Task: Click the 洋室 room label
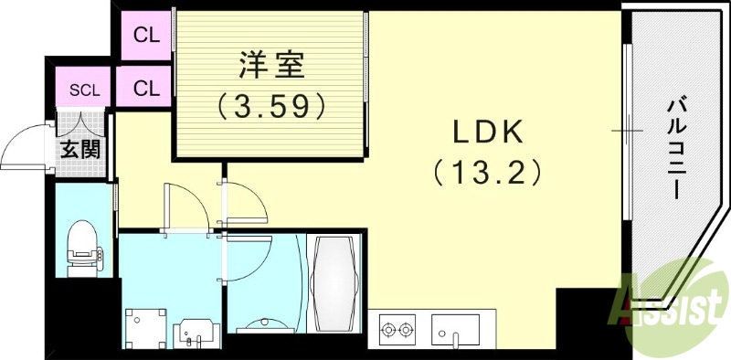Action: point(271,65)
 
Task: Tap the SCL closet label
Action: point(84,90)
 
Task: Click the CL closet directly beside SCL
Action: point(146,89)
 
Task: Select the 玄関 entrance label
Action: point(79,149)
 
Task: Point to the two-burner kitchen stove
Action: point(397,329)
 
